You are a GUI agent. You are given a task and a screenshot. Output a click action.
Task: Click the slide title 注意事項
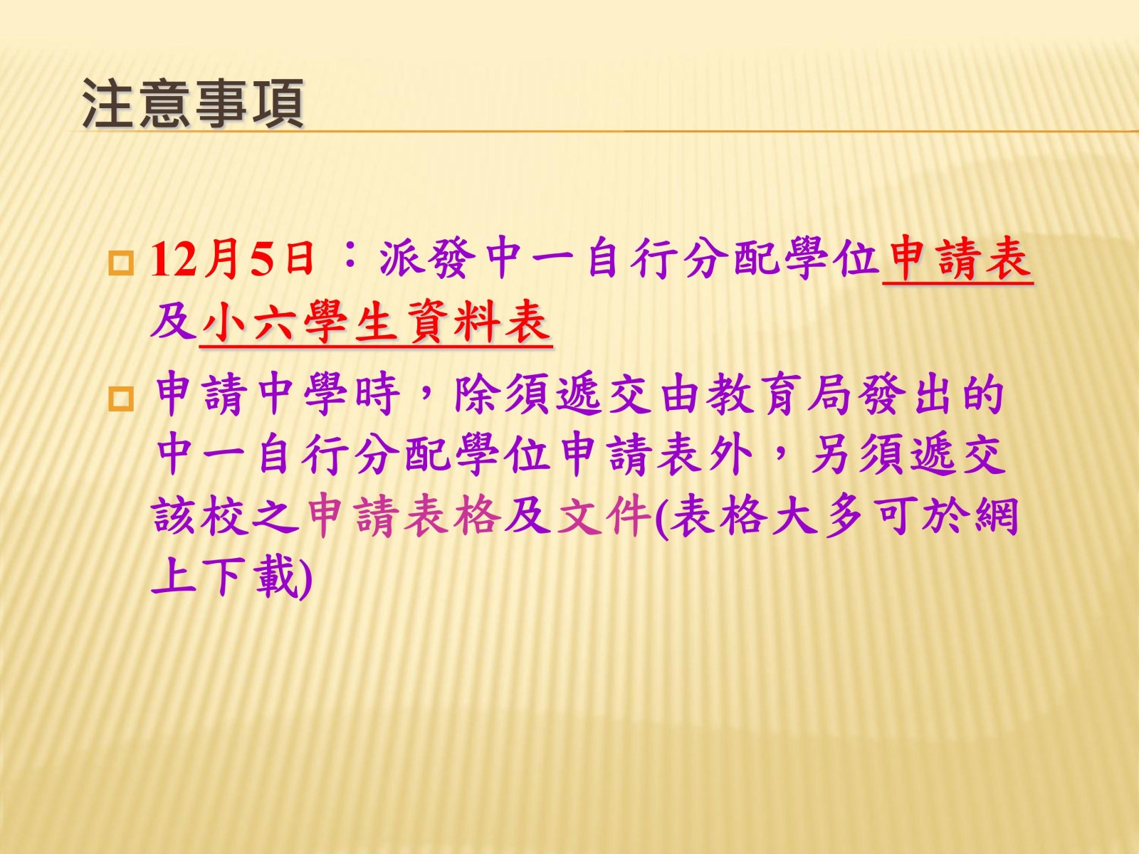pos(193,104)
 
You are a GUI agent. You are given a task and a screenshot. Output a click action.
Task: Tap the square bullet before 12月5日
pos(121,263)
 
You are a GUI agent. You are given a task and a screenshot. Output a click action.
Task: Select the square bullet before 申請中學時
pos(121,400)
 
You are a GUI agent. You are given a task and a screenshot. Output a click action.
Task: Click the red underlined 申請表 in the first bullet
pos(957,258)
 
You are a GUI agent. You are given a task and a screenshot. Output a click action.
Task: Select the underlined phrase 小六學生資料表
pos(376,324)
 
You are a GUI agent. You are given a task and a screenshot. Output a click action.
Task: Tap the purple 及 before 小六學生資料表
pos(174,322)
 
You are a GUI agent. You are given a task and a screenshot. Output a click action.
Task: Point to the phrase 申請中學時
pos(278,396)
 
